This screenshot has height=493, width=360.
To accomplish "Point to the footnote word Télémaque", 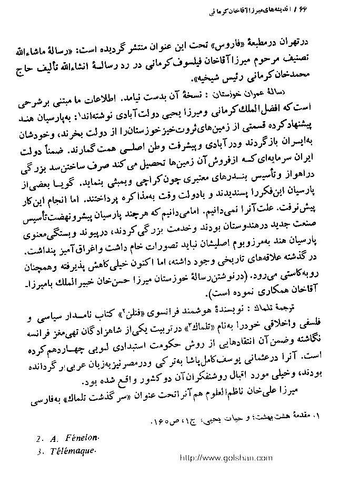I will [x=74, y=451].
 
